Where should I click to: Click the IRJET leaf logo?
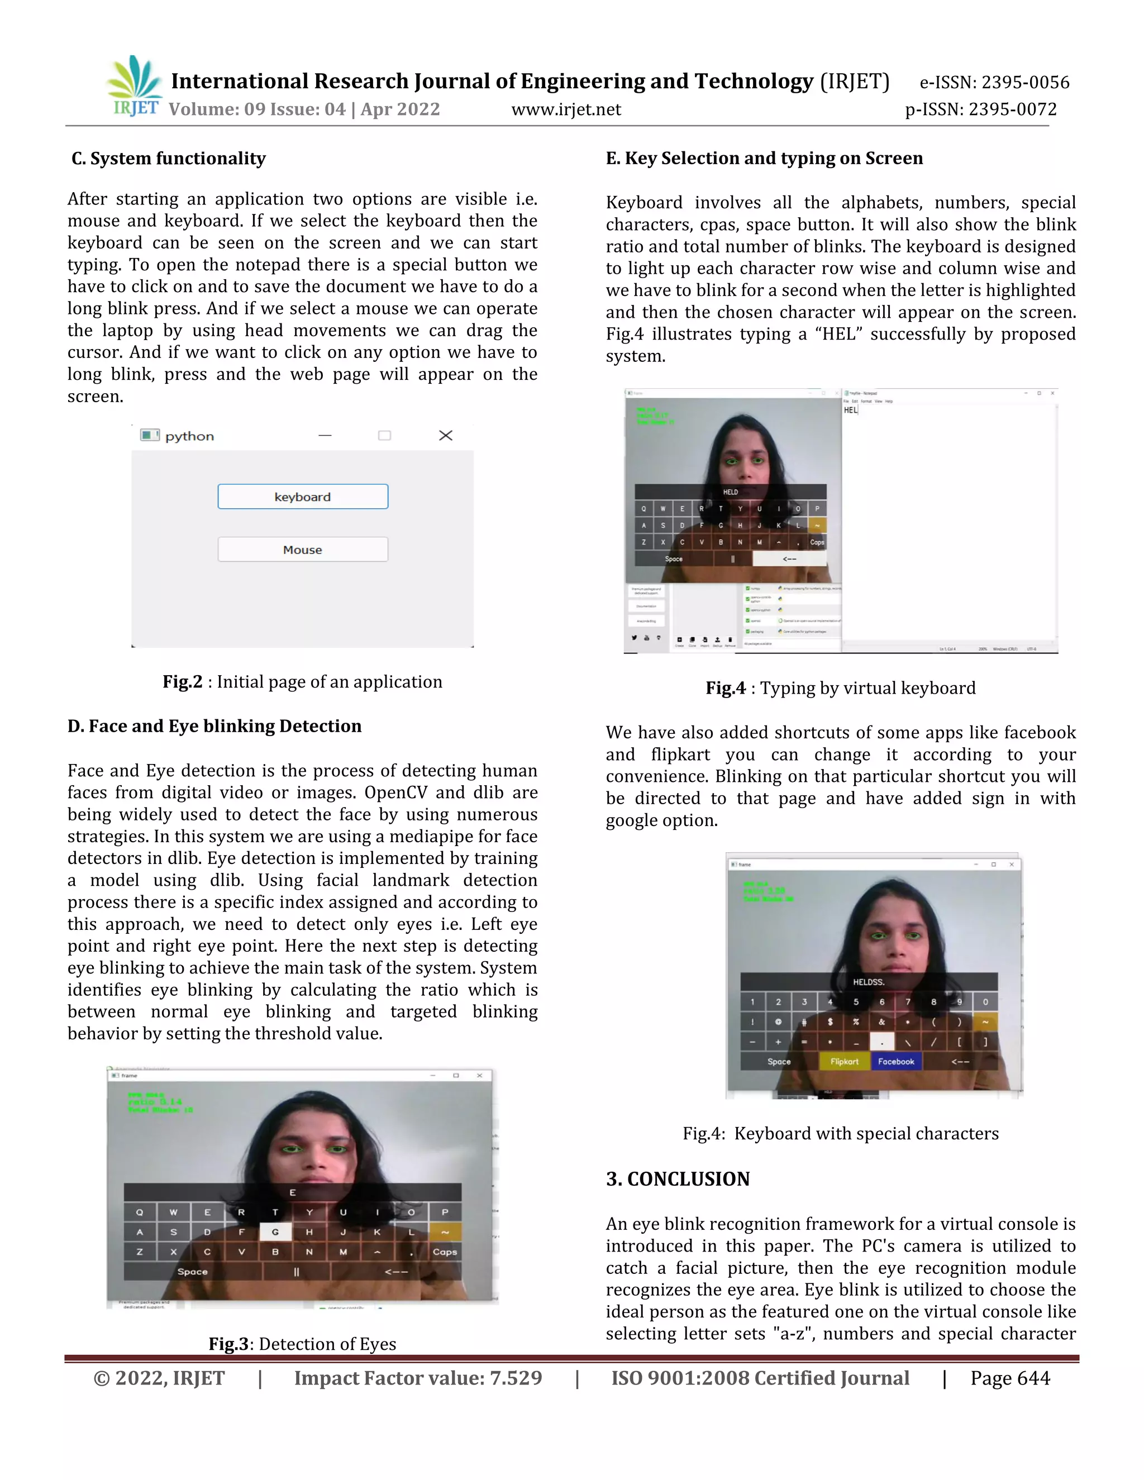click(x=134, y=85)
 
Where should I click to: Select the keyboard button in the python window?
click(x=302, y=496)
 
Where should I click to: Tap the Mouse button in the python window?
click(x=302, y=550)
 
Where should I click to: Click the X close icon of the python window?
click(x=445, y=435)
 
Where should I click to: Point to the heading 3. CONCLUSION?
click(x=677, y=1178)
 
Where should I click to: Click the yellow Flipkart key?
click(x=844, y=1061)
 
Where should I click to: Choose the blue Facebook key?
click(x=895, y=1061)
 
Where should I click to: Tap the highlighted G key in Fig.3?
click(x=275, y=1232)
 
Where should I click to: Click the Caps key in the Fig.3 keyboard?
click(x=445, y=1252)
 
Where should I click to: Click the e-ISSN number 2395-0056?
click(x=1024, y=83)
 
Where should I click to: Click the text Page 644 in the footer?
click(x=1010, y=1378)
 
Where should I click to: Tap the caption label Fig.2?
click(x=182, y=682)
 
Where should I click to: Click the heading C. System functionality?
click(x=169, y=159)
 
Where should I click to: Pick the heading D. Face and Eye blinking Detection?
click(x=214, y=726)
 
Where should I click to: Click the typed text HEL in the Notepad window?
click(x=851, y=410)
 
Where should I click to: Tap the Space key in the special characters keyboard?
click(x=779, y=1061)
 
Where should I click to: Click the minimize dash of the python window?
click(x=325, y=435)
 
